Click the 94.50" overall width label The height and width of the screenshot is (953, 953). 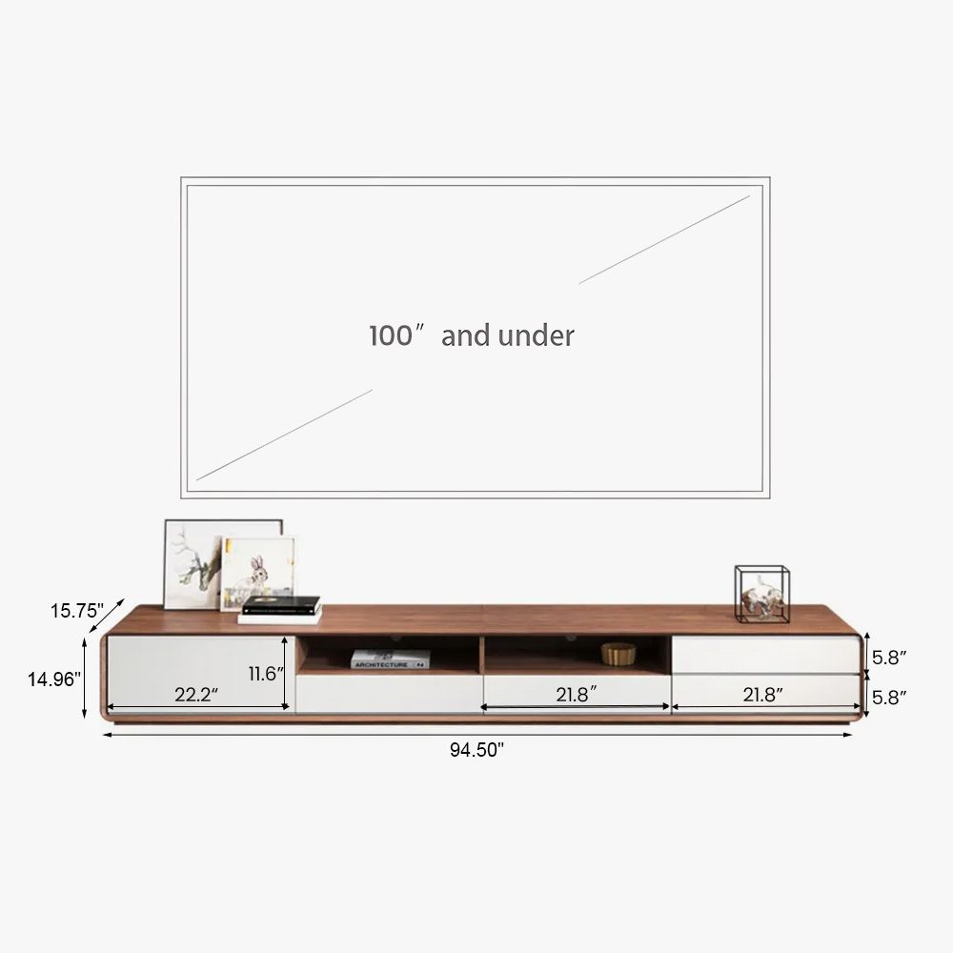point(477,750)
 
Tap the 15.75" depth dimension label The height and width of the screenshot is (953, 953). point(77,611)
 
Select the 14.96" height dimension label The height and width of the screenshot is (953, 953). point(54,679)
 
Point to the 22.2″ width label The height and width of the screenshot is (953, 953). point(196,694)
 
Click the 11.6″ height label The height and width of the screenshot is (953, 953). point(266,674)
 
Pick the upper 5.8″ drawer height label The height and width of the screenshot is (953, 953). point(889,657)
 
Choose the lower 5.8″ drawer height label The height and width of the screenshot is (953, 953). point(889,698)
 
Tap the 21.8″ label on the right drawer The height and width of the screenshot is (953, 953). point(762,694)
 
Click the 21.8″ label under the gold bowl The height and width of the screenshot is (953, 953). point(577,694)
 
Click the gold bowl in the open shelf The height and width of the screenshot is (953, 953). point(618,654)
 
